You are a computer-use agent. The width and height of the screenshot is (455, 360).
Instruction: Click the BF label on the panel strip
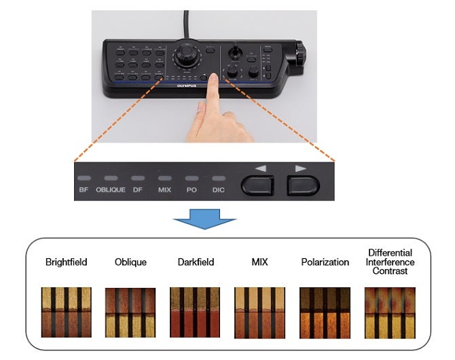84,190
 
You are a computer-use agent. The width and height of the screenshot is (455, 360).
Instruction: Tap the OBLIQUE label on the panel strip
111,190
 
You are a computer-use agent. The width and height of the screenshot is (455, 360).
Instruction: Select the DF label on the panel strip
138,190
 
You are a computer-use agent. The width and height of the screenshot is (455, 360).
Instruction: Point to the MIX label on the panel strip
164,190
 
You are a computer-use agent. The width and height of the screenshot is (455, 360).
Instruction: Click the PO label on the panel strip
192,190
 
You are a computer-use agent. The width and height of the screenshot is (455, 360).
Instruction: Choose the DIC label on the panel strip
218,190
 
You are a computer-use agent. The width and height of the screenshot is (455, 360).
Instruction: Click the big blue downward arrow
206,221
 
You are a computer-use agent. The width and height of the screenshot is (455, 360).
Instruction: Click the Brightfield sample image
66,312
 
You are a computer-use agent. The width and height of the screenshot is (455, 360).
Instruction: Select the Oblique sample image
130,312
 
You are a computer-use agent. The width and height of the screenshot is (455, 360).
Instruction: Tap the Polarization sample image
325,312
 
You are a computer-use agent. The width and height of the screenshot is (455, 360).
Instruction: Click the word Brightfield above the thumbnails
66,262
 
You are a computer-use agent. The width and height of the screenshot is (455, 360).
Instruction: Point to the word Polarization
325,262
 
